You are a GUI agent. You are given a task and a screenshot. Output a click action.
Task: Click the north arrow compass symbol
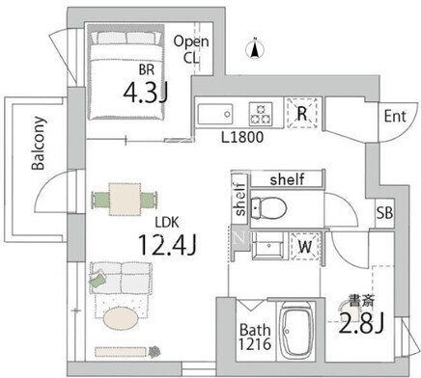tap(255, 49)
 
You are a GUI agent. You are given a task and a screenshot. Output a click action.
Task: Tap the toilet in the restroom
tap(268, 208)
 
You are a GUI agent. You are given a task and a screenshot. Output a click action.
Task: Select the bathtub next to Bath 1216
tap(296, 331)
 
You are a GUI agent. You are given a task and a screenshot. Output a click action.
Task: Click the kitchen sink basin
tap(215, 114)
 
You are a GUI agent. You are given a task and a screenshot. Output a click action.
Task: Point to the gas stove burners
tap(261, 114)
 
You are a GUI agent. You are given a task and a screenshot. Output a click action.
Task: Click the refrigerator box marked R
tap(302, 113)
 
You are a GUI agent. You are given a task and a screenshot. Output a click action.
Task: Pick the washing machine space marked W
tap(305, 247)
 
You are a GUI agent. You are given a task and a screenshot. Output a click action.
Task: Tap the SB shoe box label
tap(384, 212)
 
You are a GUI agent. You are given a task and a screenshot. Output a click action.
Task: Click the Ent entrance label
tap(395, 116)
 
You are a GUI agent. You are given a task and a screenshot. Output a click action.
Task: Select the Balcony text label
tap(39, 143)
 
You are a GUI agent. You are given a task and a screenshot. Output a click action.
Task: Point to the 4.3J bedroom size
tap(146, 92)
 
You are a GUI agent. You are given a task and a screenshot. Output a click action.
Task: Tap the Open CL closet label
tap(191, 49)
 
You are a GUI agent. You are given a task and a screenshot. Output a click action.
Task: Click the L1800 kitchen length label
tap(242, 137)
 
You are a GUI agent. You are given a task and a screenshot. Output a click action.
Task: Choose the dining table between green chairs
tap(125, 200)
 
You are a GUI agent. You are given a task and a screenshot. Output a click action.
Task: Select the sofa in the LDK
tap(121, 278)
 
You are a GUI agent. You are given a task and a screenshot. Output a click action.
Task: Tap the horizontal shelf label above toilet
tap(287, 179)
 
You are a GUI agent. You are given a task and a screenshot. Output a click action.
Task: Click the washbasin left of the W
tap(267, 246)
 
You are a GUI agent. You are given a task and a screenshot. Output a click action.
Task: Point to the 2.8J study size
tap(361, 323)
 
